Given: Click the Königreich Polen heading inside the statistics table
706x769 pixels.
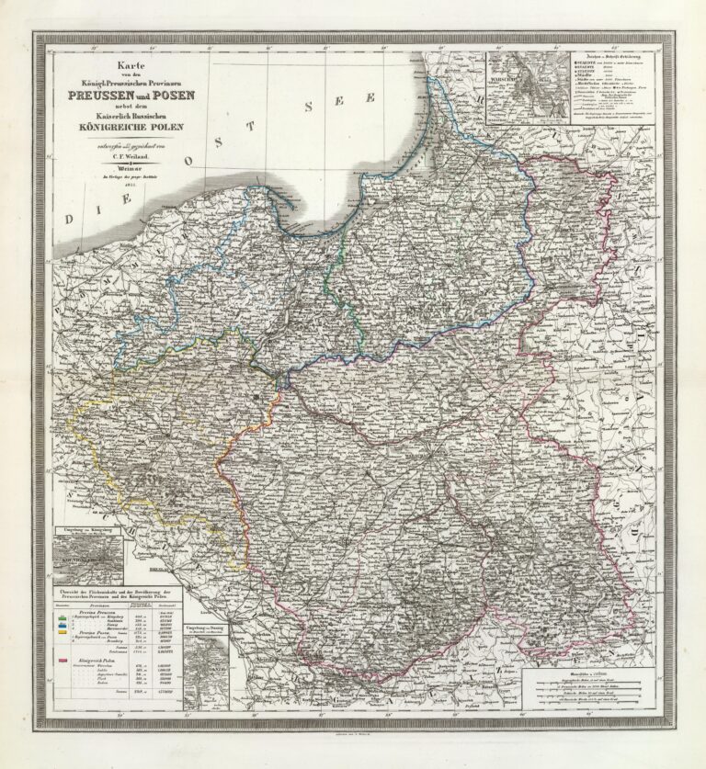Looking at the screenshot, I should point(98,661).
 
